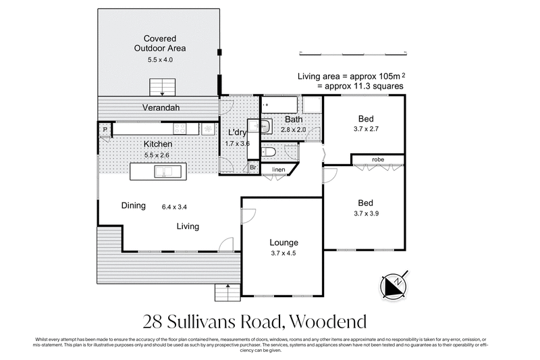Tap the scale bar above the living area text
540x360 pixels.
[x=352, y=52]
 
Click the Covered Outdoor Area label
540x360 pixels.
[x=160, y=43]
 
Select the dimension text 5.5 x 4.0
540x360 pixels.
[x=160, y=60]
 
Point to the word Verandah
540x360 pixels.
[x=160, y=108]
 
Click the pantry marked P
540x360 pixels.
[x=105, y=129]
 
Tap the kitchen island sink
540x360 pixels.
[x=164, y=172]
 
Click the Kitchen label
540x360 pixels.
[x=157, y=145]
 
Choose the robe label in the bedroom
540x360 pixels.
[x=377, y=159]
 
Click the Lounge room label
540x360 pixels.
[x=283, y=242]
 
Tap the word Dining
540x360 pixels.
[x=134, y=206]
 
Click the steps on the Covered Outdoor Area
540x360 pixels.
[x=162, y=87]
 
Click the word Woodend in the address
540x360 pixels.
[x=330, y=319]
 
